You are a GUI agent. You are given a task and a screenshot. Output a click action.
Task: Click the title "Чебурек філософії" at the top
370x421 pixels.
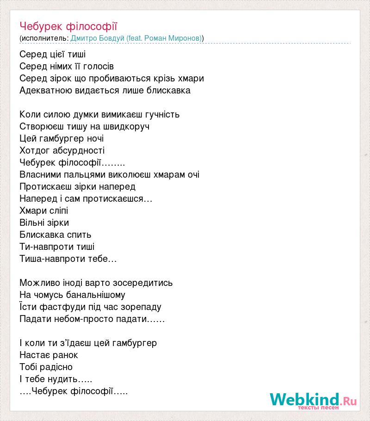coord(72,26)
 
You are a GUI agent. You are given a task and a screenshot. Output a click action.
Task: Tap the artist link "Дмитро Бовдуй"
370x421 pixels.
coord(97,38)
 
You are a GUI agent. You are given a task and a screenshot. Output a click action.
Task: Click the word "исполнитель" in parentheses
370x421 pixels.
coord(44,38)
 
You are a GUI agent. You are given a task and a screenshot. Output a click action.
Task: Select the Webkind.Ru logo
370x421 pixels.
coord(313,400)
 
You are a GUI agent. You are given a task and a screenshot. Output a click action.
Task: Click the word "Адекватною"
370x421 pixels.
coord(45,90)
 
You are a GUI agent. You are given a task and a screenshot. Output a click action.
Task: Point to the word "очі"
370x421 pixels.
coord(193,174)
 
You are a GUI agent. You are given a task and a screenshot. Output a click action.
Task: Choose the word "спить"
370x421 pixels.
coord(79,235)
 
